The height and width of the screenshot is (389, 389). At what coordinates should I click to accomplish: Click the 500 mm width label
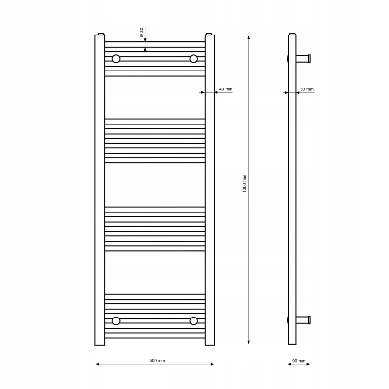tap(157, 360)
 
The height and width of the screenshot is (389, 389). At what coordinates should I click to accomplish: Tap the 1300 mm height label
tap(244, 183)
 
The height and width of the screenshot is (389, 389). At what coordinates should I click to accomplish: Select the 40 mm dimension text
tap(226, 89)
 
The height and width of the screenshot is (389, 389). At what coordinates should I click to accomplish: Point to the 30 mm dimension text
tap(307, 89)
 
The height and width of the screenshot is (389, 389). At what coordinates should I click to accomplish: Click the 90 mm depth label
tap(299, 361)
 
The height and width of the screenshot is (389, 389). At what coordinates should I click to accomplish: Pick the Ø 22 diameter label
tap(141, 33)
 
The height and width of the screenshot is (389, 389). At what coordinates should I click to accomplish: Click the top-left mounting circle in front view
tap(116, 59)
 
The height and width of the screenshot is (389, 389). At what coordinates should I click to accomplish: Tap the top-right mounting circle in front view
tap(194, 59)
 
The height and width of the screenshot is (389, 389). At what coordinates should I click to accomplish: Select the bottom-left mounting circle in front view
tap(116, 321)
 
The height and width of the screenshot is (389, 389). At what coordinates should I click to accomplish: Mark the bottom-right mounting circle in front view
tap(194, 321)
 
